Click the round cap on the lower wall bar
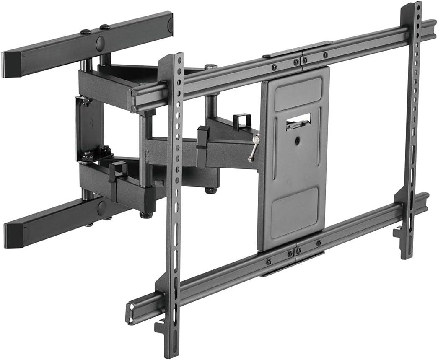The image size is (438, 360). (x=101, y=208)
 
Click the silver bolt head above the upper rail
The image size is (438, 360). (x=211, y=66)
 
